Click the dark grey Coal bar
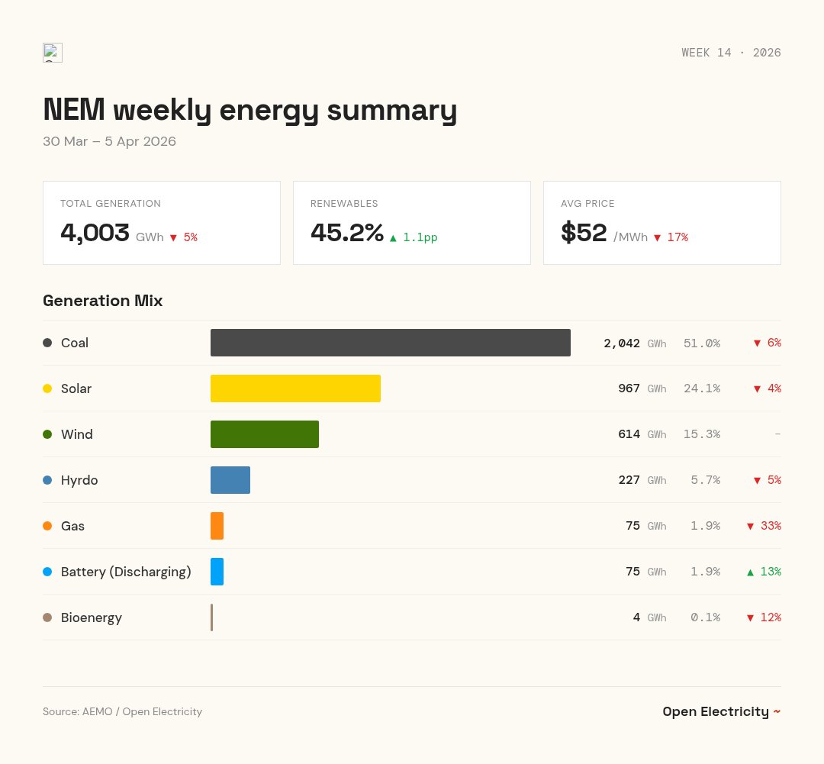click(x=390, y=343)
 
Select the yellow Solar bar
click(x=295, y=388)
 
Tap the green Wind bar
click(x=264, y=434)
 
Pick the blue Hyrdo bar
click(x=230, y=480)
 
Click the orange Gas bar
click(x=217, y=526)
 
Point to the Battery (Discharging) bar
click(x=217, y=572)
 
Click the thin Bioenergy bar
click(x=211, y=617)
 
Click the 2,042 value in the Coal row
click(x=621, y=343)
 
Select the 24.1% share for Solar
click(x=701, y=388)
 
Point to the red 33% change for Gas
click(x=763, y=526)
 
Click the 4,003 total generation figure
click(x=95, y=233)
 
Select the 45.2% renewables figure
click(x=346, y=233)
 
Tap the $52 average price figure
click(x=584, y=233)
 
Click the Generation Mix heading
click(x=102, y=301)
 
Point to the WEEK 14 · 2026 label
click(x=731, y=53)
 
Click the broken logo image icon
click(x=53, y=53)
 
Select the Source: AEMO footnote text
click(x=122, y=711)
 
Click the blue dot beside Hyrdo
click(x=47, y=480)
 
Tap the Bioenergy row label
click(x=92, y=617)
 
